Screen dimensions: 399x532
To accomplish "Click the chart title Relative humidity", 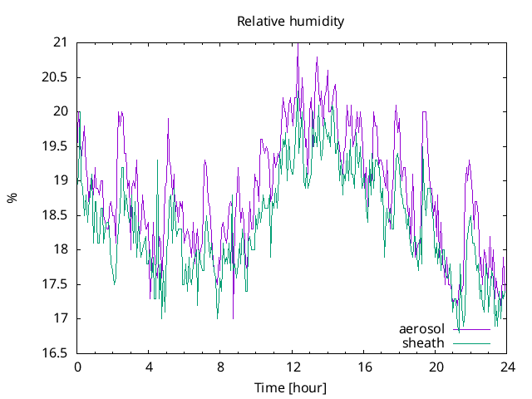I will point(290,21).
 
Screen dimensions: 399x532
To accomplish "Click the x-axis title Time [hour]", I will point(290,387).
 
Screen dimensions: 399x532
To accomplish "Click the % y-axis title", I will point(12,198).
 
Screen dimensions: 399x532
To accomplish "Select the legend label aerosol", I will point(422,329).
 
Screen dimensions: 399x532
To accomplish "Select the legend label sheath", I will point(424,342).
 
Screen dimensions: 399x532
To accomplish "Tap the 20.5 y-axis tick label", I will point(56,76).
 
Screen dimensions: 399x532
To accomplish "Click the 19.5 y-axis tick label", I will point(56,145).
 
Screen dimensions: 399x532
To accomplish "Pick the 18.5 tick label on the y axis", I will point(56,214).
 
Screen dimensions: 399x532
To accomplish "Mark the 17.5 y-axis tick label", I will point(56,284).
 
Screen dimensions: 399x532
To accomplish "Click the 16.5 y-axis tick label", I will point(56,353).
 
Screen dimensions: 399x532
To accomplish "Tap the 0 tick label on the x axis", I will point(77,367).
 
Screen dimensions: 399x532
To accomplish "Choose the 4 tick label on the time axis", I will point(149,367).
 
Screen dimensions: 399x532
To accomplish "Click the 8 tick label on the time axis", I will point(220,367).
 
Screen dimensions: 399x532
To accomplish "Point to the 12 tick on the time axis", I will point(293,367).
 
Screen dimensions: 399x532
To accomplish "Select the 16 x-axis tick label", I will point(364,367).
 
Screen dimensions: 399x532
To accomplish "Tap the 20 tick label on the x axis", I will point(436,367).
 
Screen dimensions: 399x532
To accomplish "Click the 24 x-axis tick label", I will point(507,367).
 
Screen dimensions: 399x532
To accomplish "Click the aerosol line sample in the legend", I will point(471,329).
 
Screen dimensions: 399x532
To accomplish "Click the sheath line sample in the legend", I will point(471,342).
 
